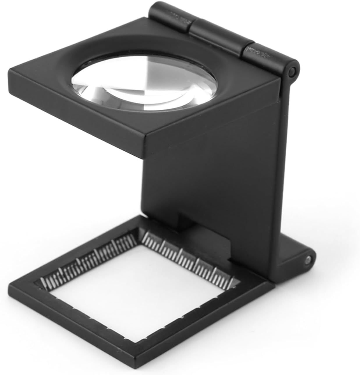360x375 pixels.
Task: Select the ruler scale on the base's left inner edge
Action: pos(87,262)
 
